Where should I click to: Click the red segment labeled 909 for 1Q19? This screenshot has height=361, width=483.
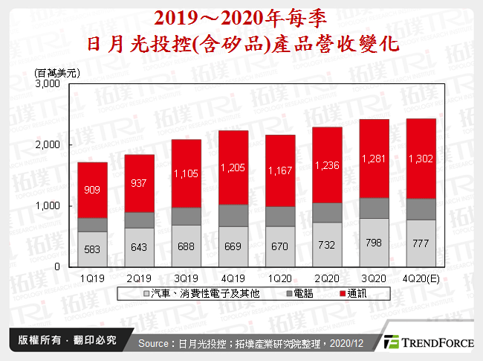93,190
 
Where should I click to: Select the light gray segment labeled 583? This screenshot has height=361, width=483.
93,249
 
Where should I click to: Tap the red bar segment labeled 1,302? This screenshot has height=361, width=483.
421,159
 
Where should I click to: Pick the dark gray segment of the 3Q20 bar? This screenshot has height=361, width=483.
374,208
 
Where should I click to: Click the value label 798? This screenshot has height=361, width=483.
374,243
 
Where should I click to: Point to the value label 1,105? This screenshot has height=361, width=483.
187,173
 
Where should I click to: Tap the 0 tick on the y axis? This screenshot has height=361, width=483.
56,266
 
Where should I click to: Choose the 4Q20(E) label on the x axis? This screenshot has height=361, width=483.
421,277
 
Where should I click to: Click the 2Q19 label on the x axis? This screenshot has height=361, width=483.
140,277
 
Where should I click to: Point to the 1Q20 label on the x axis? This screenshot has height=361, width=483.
280,277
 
